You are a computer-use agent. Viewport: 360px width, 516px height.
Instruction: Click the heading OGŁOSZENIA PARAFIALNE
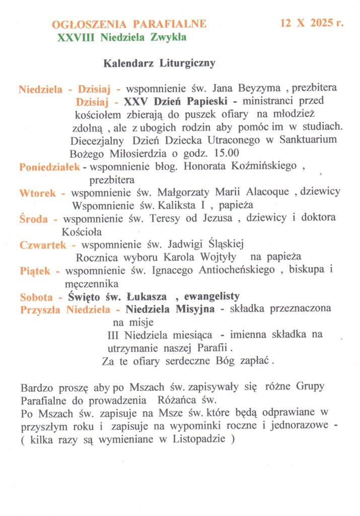pyautogui.click(x=129, y=24)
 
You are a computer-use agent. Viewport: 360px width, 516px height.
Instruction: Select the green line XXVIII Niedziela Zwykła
pyautogui.click(x=122, y=37)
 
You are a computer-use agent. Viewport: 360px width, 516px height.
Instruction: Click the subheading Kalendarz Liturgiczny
pyautogui.click(x=160, y=64)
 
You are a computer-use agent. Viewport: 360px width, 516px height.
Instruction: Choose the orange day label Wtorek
pyautogui.click(x=41, y=193)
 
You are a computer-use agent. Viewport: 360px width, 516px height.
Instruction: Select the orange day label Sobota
pyautogui.click(x=40, y=297)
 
